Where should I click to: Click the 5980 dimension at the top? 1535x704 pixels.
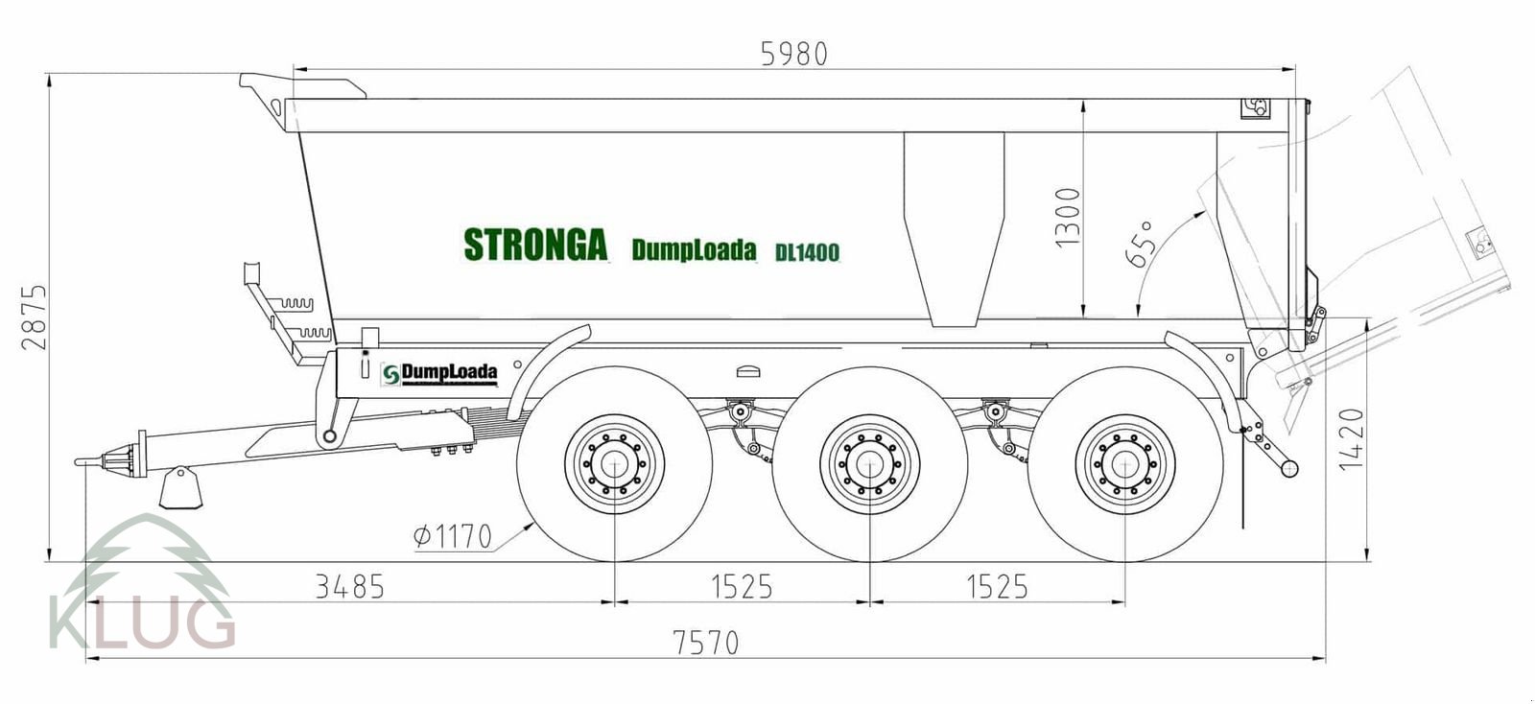tap(793, 54)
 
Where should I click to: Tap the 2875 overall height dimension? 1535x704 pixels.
tap(35, 317)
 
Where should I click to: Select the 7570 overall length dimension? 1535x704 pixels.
tap(706, 642)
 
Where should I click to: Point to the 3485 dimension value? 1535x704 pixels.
tap(349, 586)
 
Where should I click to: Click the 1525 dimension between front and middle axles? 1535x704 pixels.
tap(741, 586)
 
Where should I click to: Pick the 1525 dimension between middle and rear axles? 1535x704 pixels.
tap(997, 586)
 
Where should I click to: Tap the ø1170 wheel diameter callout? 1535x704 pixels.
tap(453, 535)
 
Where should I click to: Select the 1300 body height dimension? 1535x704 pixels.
tap(1067, 217)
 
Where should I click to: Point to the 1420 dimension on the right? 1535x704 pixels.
tap(1351, 439)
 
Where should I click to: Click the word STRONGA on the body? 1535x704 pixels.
tap(535, 245)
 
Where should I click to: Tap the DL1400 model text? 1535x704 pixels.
tap(807, 252)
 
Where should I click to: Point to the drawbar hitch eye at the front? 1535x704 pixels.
tap(86, 461)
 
